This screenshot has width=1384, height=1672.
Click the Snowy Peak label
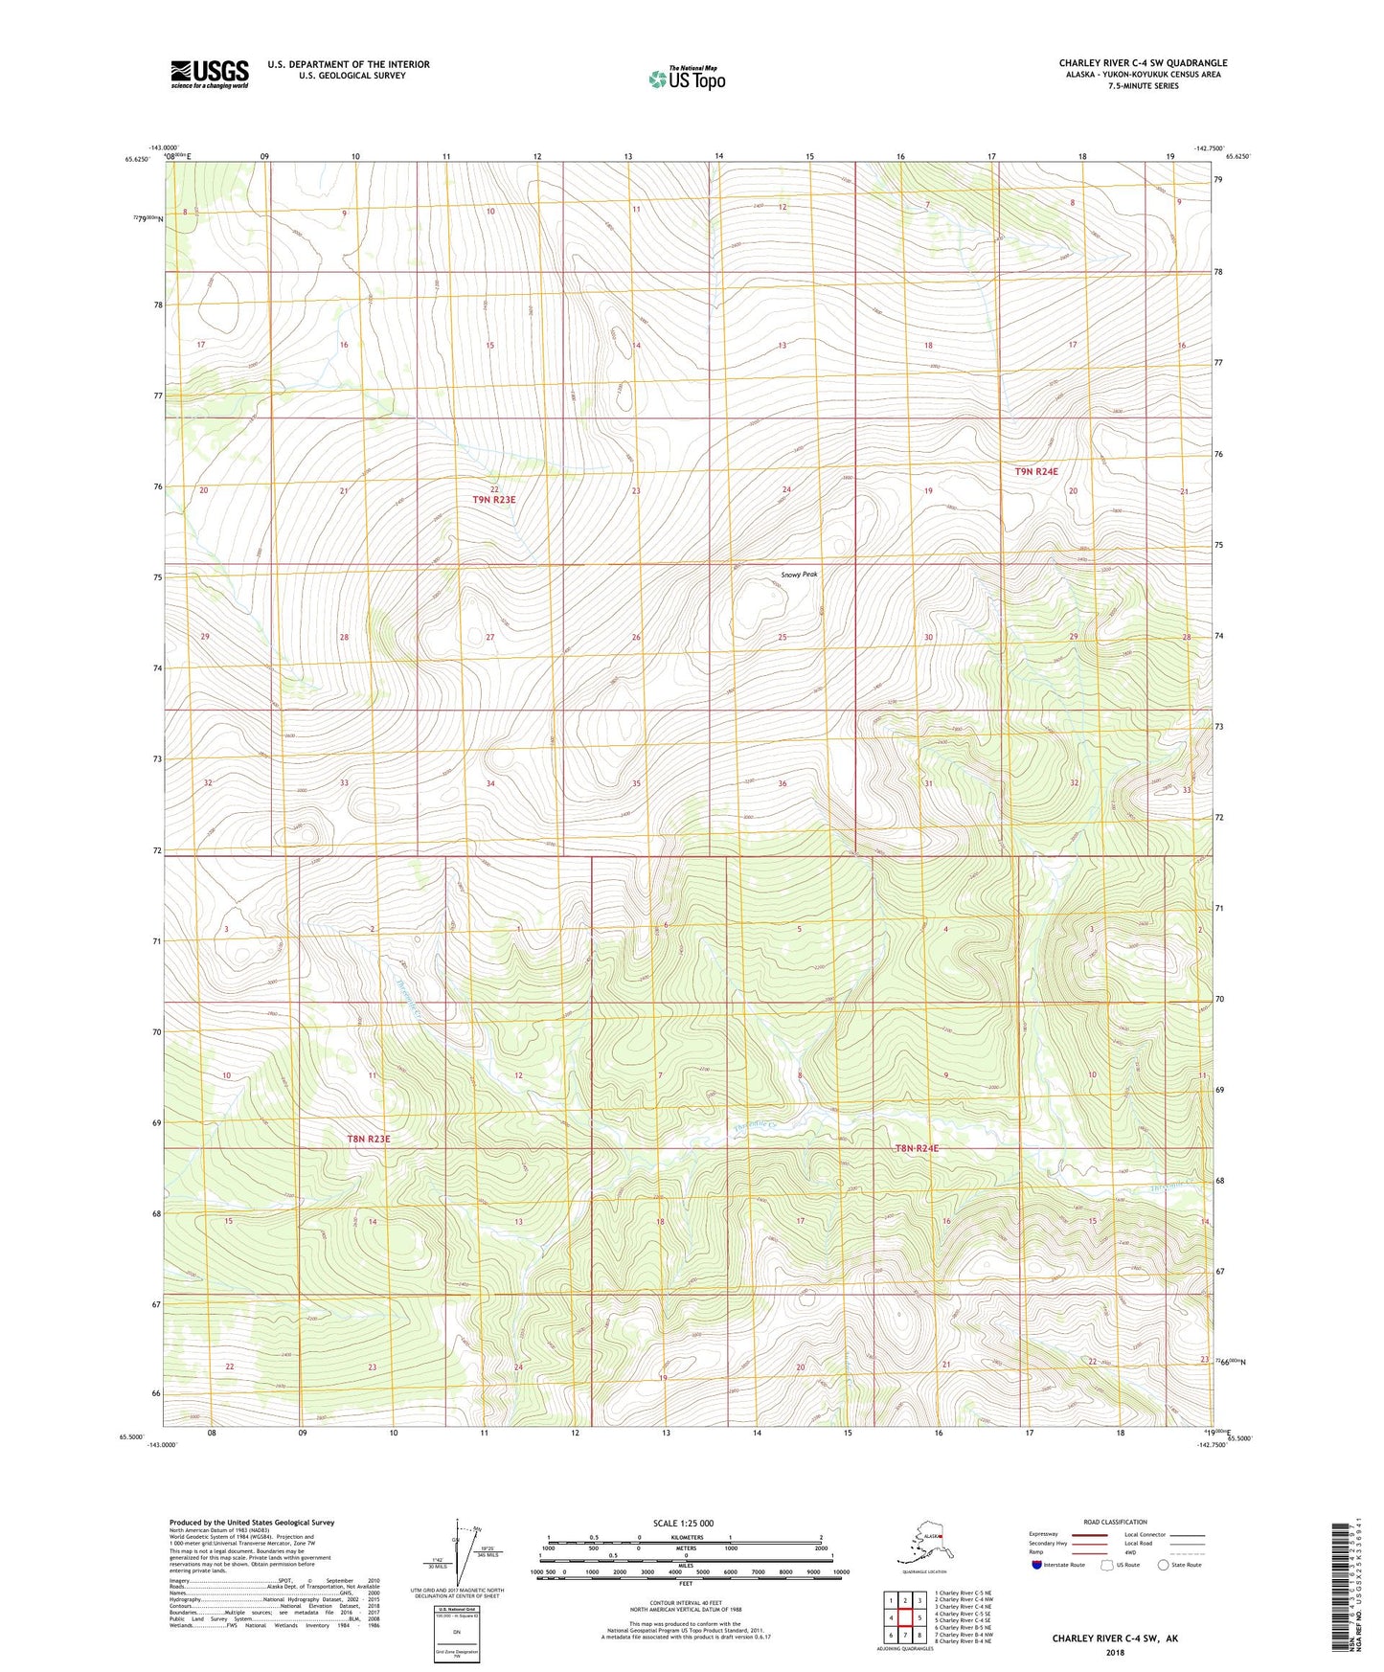799,575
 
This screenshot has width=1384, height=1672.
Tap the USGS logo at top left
210,75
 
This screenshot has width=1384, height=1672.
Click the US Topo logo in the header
686,78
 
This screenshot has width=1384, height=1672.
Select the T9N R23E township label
493,500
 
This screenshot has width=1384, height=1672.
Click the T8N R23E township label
369,1139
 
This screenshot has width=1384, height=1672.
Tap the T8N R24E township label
917,1148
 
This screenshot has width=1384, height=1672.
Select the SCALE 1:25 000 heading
683,1523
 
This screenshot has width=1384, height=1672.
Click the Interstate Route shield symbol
1037,1565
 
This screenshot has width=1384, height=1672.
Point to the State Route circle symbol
1163,1565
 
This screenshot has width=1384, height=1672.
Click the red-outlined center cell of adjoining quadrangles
904,1619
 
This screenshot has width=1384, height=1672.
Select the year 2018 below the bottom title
1114,1652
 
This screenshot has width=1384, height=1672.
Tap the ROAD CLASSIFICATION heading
1115,1522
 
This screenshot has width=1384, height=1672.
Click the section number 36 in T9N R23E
783,784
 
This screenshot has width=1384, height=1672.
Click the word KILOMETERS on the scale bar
684,1537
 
